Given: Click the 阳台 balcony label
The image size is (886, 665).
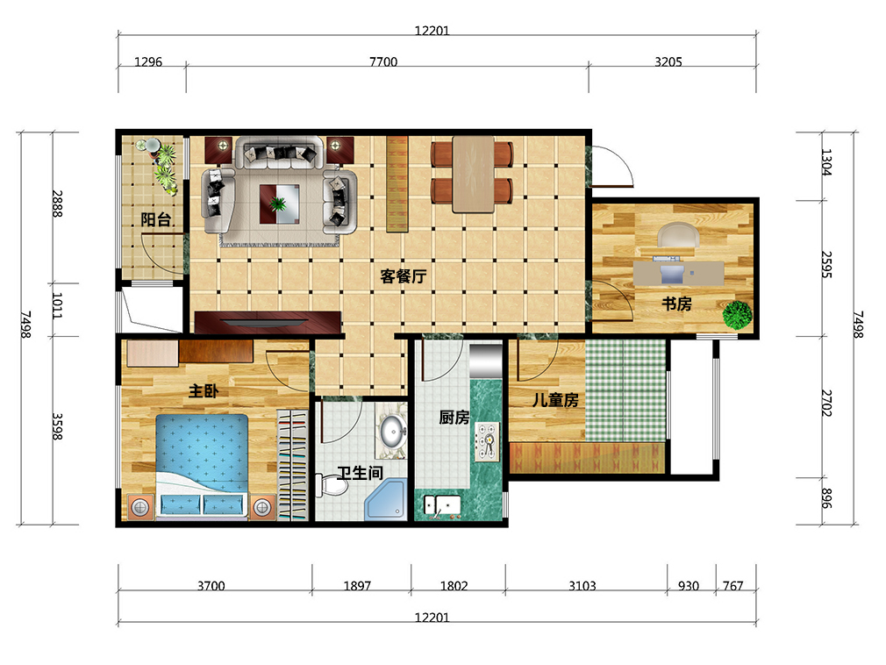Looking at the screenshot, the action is (x=156, y=219).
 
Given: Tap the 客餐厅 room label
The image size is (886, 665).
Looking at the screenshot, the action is (x=403, y=276).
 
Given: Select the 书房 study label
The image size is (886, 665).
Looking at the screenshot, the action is (x=676, y=304).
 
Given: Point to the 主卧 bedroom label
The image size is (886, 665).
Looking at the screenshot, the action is (x=204, y=391).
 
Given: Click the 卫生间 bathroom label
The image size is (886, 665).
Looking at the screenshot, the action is (x=360, y=472).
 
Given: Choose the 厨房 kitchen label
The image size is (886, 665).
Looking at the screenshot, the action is (x=454, y=418).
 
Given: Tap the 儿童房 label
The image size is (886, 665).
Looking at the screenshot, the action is (x=555, y=400).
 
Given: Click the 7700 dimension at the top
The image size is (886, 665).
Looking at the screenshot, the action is (x=383, y=61).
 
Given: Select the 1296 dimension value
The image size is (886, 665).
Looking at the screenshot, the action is (x=148, y=61).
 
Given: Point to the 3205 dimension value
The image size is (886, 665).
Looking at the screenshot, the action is (x=668, y=61).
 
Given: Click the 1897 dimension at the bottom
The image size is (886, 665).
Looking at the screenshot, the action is (x=357, y=586).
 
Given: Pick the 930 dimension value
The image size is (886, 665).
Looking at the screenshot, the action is (x=689, y=586).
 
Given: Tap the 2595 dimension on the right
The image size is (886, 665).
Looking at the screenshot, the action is (x=826, y=265).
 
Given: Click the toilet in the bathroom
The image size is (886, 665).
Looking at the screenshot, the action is (x=332, y=485).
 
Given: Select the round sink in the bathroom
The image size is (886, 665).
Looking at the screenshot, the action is (x=391, y=431).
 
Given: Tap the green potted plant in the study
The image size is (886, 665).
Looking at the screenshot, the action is (x=738, y=315).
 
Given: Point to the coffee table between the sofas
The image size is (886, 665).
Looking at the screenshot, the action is (x=280, y=204).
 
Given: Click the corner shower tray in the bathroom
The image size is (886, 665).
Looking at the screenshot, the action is (x=385, y=500).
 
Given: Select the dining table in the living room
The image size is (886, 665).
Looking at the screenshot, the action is (x=473, y=174).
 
